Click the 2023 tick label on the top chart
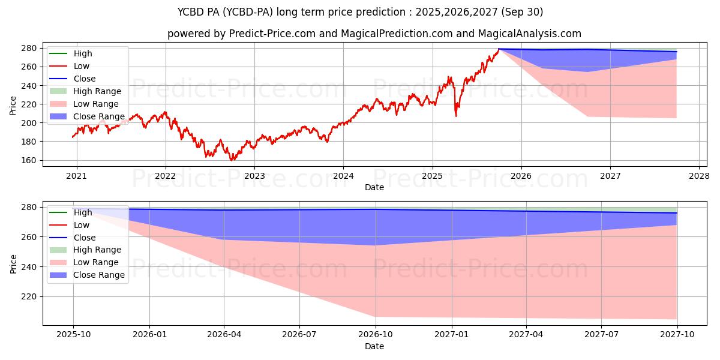click(x=254, y=176)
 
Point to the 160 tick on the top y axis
click(x=32, y=160)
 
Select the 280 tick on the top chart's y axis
click(x=32, y=48)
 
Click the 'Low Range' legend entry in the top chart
click(x=95, y=104)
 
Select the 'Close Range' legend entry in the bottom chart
click(x=98, y=275)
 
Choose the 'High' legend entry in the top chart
click(x=83, y=53)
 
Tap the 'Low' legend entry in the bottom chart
click(x=81, y=225)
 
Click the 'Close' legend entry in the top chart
click(x=84, y=79)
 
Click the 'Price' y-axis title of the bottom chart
click(x=13, y=263)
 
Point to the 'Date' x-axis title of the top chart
click(x=374, y=188)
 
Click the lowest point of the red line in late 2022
click(x=232, y=160)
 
